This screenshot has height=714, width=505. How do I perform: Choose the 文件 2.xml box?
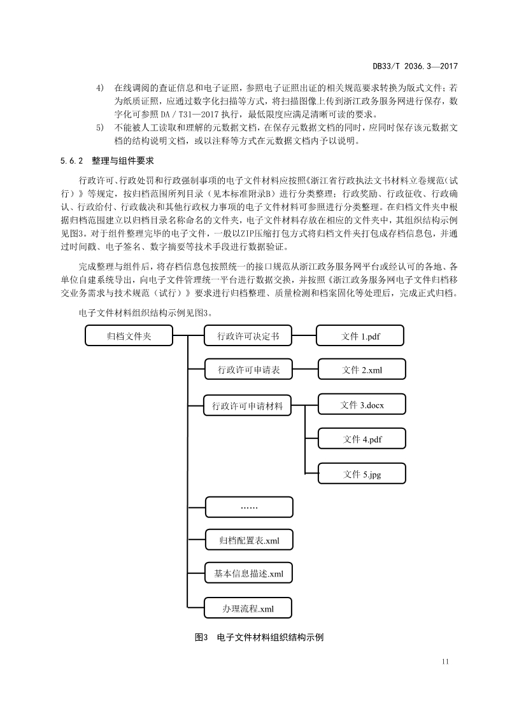tap(361, 370)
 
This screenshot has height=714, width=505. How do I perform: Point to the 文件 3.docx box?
tap(361, 405)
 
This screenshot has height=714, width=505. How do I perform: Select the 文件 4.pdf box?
tap(361, 439)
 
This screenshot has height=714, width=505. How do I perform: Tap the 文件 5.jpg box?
tap(361, 474)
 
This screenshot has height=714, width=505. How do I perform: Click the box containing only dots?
tap(249, 507)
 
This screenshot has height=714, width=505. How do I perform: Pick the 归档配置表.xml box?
tap(249, 541)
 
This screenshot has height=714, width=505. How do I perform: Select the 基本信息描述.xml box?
tap(249, 573)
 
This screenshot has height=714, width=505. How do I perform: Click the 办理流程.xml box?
tap(249, 608)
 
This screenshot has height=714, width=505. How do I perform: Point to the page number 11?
tap(445, 662)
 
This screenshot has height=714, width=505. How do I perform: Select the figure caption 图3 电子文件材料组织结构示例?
tap(259, 636)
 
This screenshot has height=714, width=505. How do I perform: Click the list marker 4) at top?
tap(100, 87)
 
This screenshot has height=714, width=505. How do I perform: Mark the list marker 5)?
tap(100, 128)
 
